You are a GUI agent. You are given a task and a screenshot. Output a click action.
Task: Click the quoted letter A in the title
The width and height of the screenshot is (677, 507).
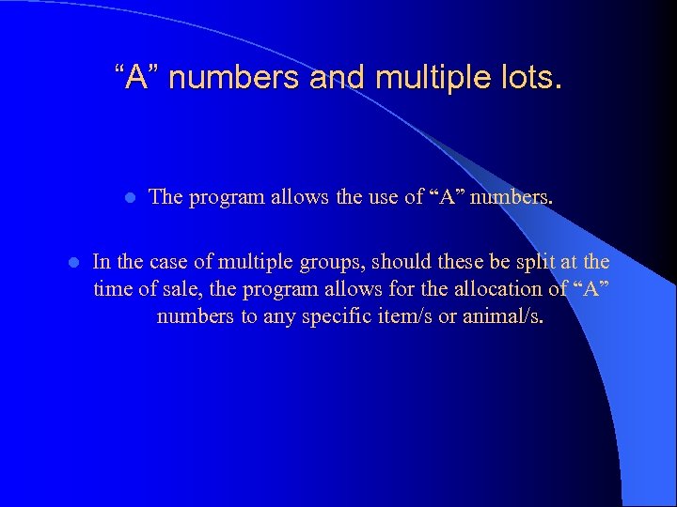click(x=137, y=78)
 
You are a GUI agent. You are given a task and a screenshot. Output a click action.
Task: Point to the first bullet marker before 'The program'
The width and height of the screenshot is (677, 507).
click(x=130, y=198)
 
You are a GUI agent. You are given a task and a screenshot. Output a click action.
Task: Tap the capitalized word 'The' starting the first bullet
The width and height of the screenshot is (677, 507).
click(x=165, y=197)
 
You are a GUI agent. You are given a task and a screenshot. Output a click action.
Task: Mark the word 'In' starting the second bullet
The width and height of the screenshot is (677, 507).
click(x=102, y=262)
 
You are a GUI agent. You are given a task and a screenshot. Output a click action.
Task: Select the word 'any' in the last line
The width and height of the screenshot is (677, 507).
click(x=281, y=316)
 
